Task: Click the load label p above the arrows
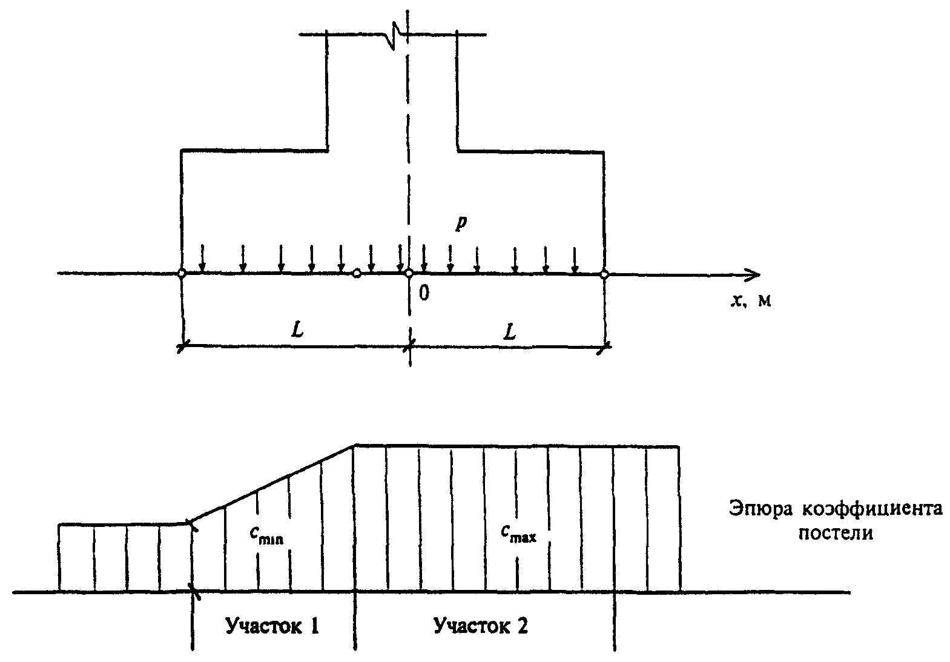pyautogui.click(x=461, y=223)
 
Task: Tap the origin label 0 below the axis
pyautogui.click(x=424, y=293)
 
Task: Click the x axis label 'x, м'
pyautogui.click(x=751, y=301)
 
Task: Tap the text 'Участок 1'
pyautogui.click(x=272, y=626)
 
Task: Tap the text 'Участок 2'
pyautogui.click(x=481, y=626)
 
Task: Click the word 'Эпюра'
pyautogui.click(x=760, y=509)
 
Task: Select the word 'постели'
pyautogui.click(x=836, y=533)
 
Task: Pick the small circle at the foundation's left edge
pyautogui.click(x=182, y=274)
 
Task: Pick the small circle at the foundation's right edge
pyautogui.click(x=604, y=274)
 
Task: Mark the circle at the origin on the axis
pyautogui.click(x=409, y=274)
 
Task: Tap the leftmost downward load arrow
pyautogui.click(x=202, y=258)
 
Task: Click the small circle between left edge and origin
pyautogui.click(x=357, y=274)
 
